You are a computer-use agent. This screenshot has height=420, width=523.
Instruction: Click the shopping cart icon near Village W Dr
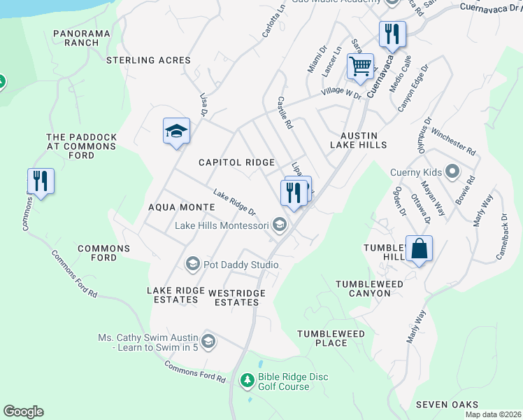point(360,67)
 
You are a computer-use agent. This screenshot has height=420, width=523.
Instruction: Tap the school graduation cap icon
point(176,131)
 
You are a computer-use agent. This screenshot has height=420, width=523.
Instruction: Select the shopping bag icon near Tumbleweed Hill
point(418,248)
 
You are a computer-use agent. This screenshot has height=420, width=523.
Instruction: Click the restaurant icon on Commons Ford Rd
point(41,181)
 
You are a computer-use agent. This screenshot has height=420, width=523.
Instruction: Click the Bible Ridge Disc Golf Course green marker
point(247,381)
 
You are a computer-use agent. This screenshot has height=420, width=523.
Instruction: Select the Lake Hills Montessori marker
point(280,225)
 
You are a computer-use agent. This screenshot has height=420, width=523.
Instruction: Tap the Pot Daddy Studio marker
point(192,264)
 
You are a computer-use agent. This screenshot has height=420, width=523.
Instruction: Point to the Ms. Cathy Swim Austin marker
point(208,342)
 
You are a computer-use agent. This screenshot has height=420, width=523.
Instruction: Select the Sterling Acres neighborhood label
point(148,61)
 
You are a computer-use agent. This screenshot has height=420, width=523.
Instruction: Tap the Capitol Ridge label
point(236,162)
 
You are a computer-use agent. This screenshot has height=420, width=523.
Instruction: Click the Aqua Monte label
point(181,207)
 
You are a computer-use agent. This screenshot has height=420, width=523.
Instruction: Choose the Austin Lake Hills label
point(359,140)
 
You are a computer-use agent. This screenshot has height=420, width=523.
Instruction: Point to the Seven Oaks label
point(447,405)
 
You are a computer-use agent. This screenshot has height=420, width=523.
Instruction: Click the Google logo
point(23,412)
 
